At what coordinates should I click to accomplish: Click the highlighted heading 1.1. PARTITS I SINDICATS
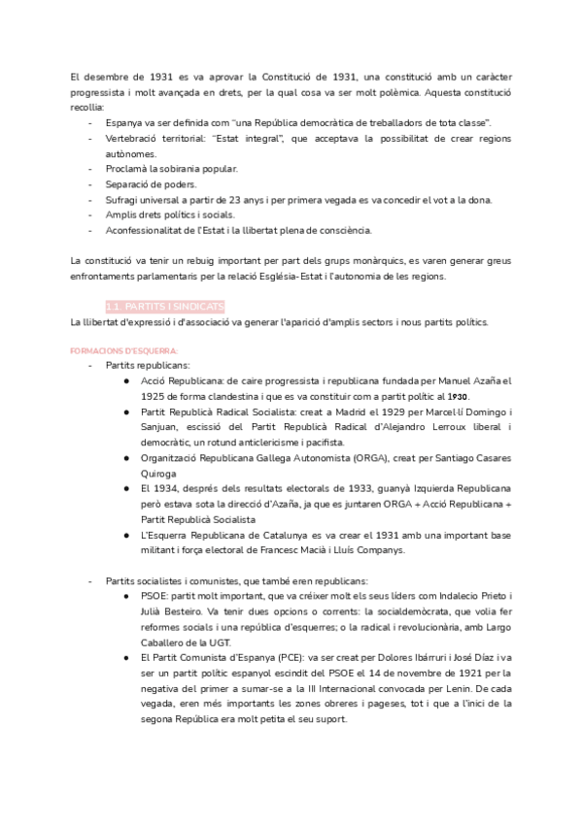click(165, 306)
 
